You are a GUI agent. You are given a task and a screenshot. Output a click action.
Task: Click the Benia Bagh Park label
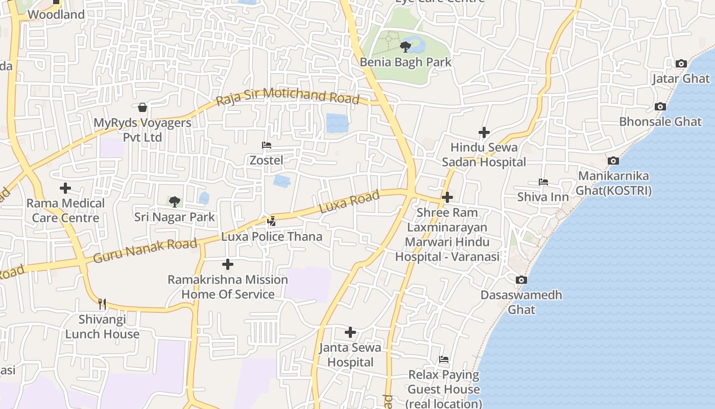point(406,62)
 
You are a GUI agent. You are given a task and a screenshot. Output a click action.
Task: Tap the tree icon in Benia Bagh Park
point(406,47)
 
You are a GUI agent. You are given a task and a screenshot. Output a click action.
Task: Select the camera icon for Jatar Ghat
point(681,64)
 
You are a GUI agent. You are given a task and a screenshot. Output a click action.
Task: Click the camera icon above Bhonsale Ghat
point(660,107)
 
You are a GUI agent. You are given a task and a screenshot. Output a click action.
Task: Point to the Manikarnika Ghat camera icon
point(613,161)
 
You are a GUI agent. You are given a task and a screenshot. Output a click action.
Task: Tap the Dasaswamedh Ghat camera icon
point(521,280)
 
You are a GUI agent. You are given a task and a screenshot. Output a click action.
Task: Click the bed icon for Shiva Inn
point(543,182)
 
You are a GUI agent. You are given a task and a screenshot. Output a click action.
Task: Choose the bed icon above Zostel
point(266,145)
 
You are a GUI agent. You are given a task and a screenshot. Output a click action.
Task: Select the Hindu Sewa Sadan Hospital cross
point(484,133)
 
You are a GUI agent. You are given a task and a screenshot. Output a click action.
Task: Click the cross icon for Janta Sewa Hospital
point(350,333)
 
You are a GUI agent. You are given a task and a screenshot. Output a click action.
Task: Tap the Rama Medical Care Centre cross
point(65,188)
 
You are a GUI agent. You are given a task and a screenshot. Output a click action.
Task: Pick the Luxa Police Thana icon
point(271,221)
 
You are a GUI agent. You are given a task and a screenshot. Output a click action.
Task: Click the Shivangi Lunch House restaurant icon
point(102,304)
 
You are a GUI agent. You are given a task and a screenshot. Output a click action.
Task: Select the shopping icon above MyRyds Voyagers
point(142,107)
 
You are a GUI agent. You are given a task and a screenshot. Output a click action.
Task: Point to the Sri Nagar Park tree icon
point(174,201)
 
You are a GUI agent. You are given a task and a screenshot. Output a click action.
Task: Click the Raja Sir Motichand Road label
point(288,97)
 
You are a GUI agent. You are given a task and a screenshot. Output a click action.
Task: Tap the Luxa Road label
point(350,202)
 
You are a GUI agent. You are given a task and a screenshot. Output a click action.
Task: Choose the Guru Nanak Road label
point(146,251)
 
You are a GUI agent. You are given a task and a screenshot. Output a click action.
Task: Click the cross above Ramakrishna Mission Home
point(228,264)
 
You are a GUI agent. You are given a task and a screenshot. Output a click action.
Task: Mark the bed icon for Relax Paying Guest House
point(444,359)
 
